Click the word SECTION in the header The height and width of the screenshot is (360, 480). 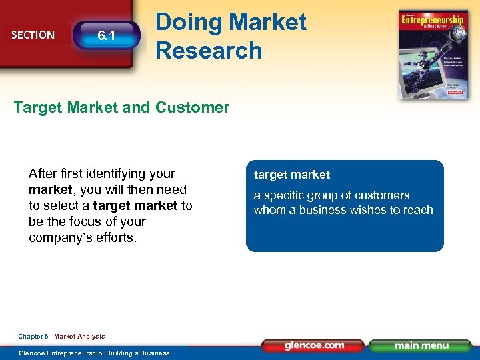(33, 35)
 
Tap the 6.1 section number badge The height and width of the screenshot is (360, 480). (106, 37)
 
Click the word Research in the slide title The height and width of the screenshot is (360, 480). (209, 50)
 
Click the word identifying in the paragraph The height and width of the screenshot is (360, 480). (114, 173)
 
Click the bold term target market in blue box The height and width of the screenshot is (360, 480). (291, 175)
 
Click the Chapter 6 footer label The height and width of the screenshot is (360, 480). (33, 337)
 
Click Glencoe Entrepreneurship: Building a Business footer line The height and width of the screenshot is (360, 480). (94, 353)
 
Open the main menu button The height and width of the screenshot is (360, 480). (421, 346)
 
